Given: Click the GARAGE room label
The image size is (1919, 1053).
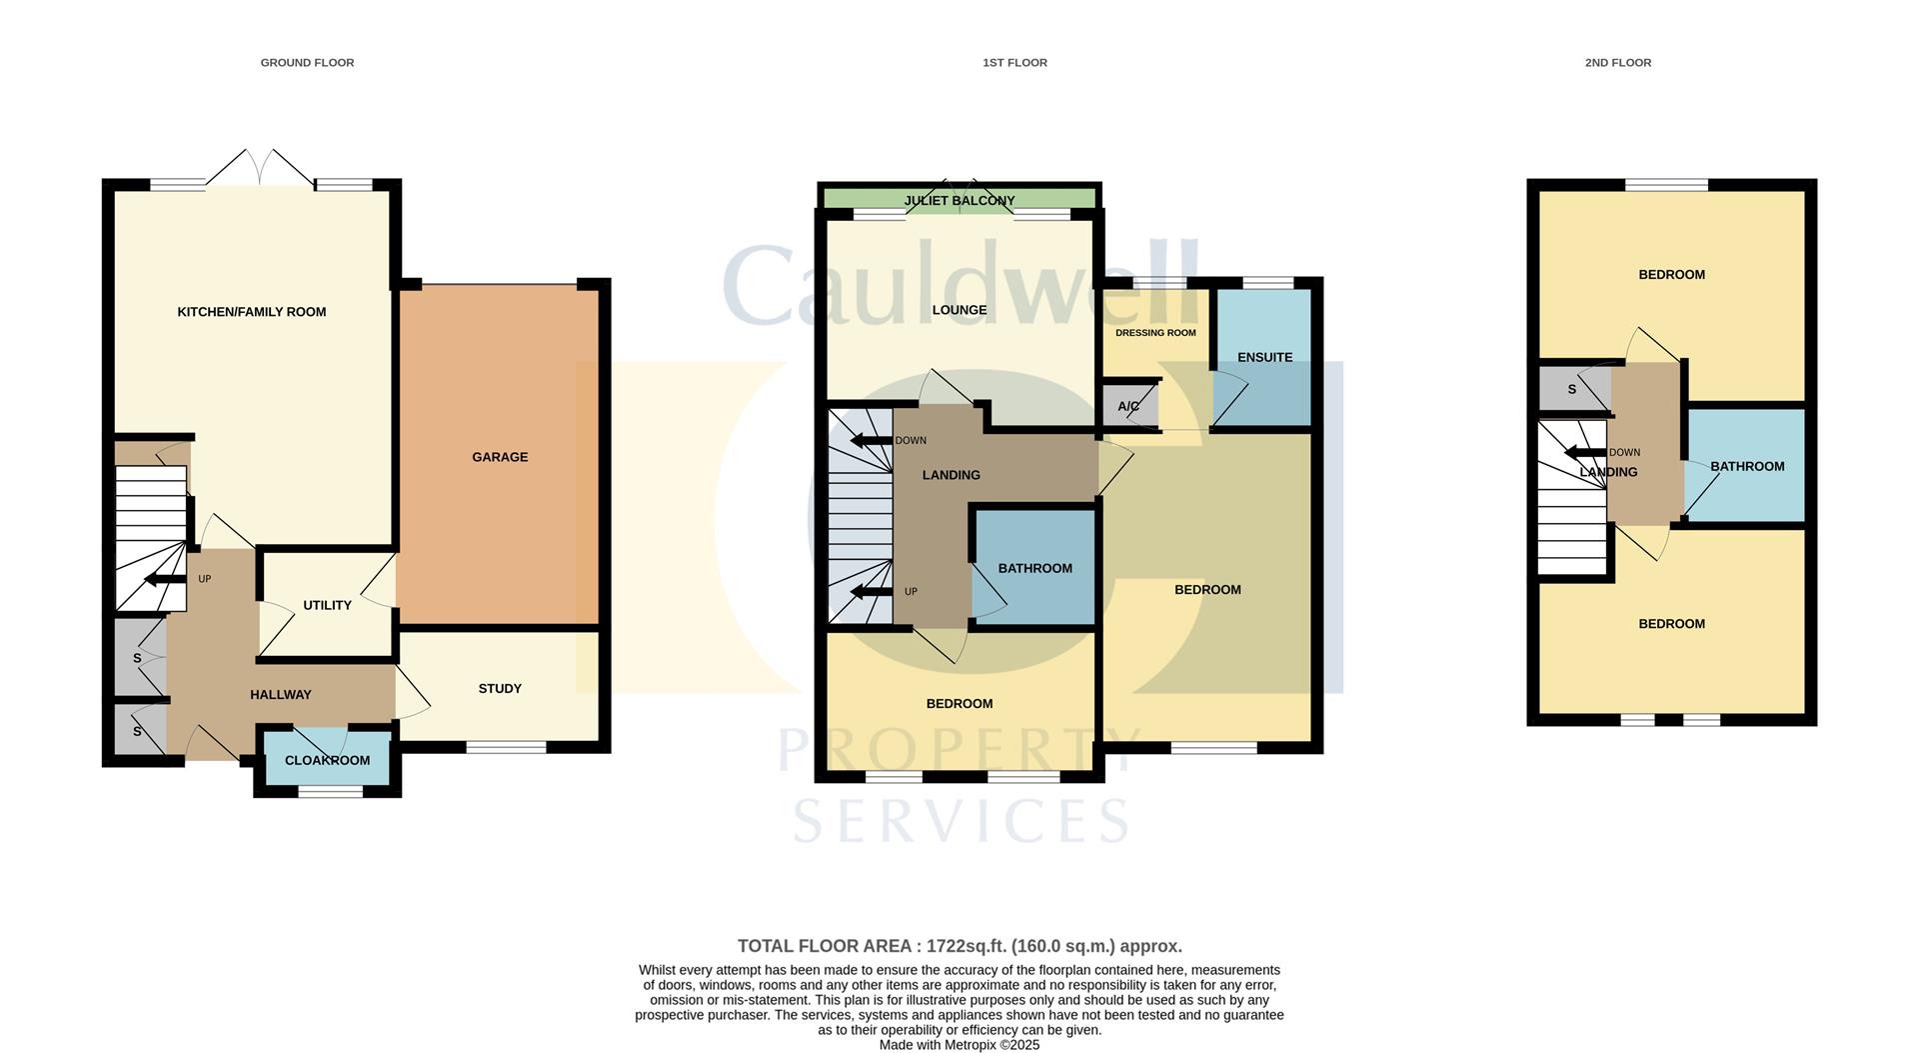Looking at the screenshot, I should click(x=500, y=457).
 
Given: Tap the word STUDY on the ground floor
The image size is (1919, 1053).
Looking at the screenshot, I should click(x=500, y=688).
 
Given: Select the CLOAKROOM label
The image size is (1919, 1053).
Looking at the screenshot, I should click(x=327, y=760).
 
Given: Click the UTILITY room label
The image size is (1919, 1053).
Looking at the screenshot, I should click(x=327, y=605).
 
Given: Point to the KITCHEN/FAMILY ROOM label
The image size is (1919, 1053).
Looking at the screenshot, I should click(x=251, y=312).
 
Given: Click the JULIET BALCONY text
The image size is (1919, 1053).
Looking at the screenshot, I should click(x=959, y=201).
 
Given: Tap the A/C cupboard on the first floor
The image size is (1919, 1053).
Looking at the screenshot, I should click(x=1128, y=406).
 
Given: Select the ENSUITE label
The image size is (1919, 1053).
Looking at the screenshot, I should click(x=1264, y=357).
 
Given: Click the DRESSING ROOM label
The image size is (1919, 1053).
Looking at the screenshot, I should click(x=1155, y=333).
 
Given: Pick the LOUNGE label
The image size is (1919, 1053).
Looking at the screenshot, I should click(x=959, y=310).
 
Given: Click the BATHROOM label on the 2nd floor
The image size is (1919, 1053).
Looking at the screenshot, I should click(x=1746, y=466).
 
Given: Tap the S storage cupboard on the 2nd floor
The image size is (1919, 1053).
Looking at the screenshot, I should click(x=1572, y=389).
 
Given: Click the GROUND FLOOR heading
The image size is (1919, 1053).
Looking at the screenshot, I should click(x=307, y=62).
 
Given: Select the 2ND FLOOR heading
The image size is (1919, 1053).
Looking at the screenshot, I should click(x=1617, y=62).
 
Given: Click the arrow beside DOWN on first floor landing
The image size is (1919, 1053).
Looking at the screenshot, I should click(x=870, y=441).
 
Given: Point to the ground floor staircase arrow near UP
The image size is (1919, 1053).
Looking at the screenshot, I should click(x=164, y=579).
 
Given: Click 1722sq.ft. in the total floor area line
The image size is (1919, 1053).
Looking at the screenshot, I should click(x=965, y=946).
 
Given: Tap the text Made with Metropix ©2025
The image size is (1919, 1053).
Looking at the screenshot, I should click(x=959, y=1045).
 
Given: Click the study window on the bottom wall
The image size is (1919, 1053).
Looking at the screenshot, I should click(x=506, y=747).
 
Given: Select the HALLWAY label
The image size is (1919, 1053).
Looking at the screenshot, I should click(x=280, y=694).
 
